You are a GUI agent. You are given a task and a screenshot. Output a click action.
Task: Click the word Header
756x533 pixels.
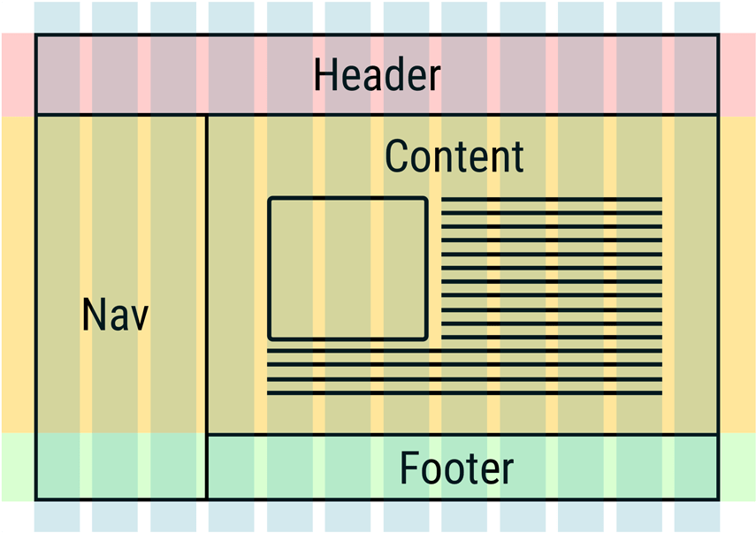coord(377,76)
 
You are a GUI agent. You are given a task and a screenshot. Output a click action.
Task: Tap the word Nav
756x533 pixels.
coord(115,316)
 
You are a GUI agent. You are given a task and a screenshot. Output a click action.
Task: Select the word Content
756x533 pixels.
coord(454,156)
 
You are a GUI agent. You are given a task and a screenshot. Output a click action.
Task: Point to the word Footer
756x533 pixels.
coord(456,468)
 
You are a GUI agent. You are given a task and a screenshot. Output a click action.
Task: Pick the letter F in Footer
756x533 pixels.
coord(408,468)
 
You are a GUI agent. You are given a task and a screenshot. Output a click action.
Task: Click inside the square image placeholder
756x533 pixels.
coord(347,269)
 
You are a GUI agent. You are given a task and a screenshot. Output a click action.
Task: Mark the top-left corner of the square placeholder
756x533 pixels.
coord(270,199)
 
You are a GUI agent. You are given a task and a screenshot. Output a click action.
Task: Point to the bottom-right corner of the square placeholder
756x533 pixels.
coord(426,338)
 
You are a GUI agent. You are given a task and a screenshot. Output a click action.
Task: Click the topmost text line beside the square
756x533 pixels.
coord(552,199)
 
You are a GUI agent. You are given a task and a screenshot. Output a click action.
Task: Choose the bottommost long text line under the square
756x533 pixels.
coord(464,392)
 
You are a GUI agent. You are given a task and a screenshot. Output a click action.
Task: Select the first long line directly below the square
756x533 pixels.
coord(464,351)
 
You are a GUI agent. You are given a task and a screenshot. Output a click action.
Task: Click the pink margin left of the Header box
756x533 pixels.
coord(18,75)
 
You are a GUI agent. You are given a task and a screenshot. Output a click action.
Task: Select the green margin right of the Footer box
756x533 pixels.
coord(737,467)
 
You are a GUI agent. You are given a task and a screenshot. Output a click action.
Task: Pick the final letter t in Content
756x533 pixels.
coord(518,157)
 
